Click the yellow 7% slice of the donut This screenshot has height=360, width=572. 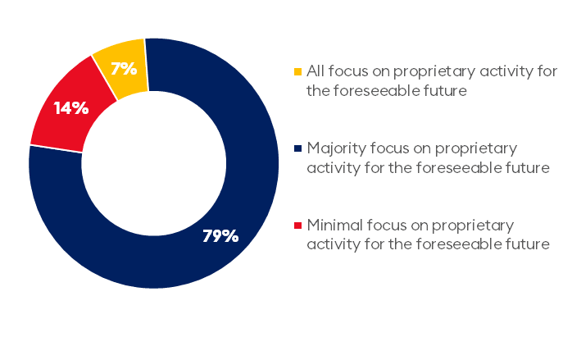pos(123,70)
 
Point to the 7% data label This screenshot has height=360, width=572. pos(124,69)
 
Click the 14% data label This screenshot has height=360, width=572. pos(71,108)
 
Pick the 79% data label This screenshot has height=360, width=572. pos(220,236)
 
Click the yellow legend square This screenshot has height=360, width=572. pos(298,71)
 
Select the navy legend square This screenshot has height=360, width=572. pos(298,148)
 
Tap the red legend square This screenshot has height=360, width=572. pos(298,226)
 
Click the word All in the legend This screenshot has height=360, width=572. pos(316,71)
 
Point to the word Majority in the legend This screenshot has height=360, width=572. pos(336,148)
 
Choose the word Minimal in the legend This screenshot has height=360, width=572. pos(335,225)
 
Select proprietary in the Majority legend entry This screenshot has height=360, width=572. pos(476,149)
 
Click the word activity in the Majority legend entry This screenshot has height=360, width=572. pos(334,168)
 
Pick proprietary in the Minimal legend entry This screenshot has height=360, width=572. pos(473,226)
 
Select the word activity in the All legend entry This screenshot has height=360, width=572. pos(506,71)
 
